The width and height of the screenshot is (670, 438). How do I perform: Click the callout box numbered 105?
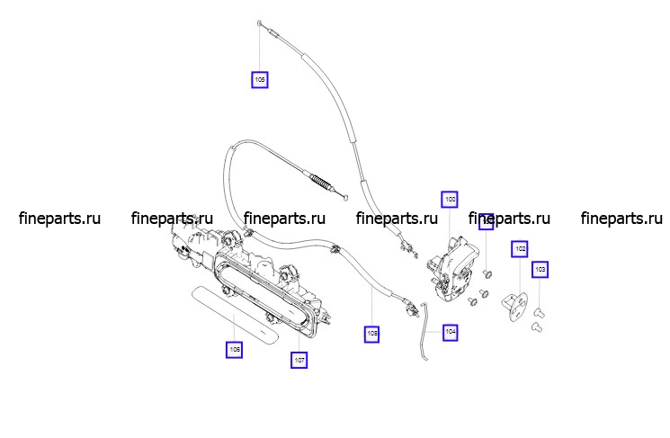click(x=260, y=80)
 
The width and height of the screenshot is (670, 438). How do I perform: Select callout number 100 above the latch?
click(x=450, y=199)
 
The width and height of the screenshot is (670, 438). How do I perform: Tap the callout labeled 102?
click(x=520, y=248)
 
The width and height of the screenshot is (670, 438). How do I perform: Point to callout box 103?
click(x=540, y=269)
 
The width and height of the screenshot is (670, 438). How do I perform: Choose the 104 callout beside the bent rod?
click(x=451, y=333)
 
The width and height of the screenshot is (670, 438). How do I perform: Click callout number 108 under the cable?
click(x=372, y=334)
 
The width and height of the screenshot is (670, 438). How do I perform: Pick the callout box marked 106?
click(x=235, y=349)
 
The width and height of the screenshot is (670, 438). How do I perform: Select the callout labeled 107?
click(x=299, y=360)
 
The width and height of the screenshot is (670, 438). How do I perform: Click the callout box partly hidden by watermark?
click(x=486, y=221)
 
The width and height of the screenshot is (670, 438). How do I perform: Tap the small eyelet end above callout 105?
click(x=260, y=22)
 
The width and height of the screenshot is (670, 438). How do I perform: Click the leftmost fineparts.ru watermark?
click(x=59, y=219)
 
